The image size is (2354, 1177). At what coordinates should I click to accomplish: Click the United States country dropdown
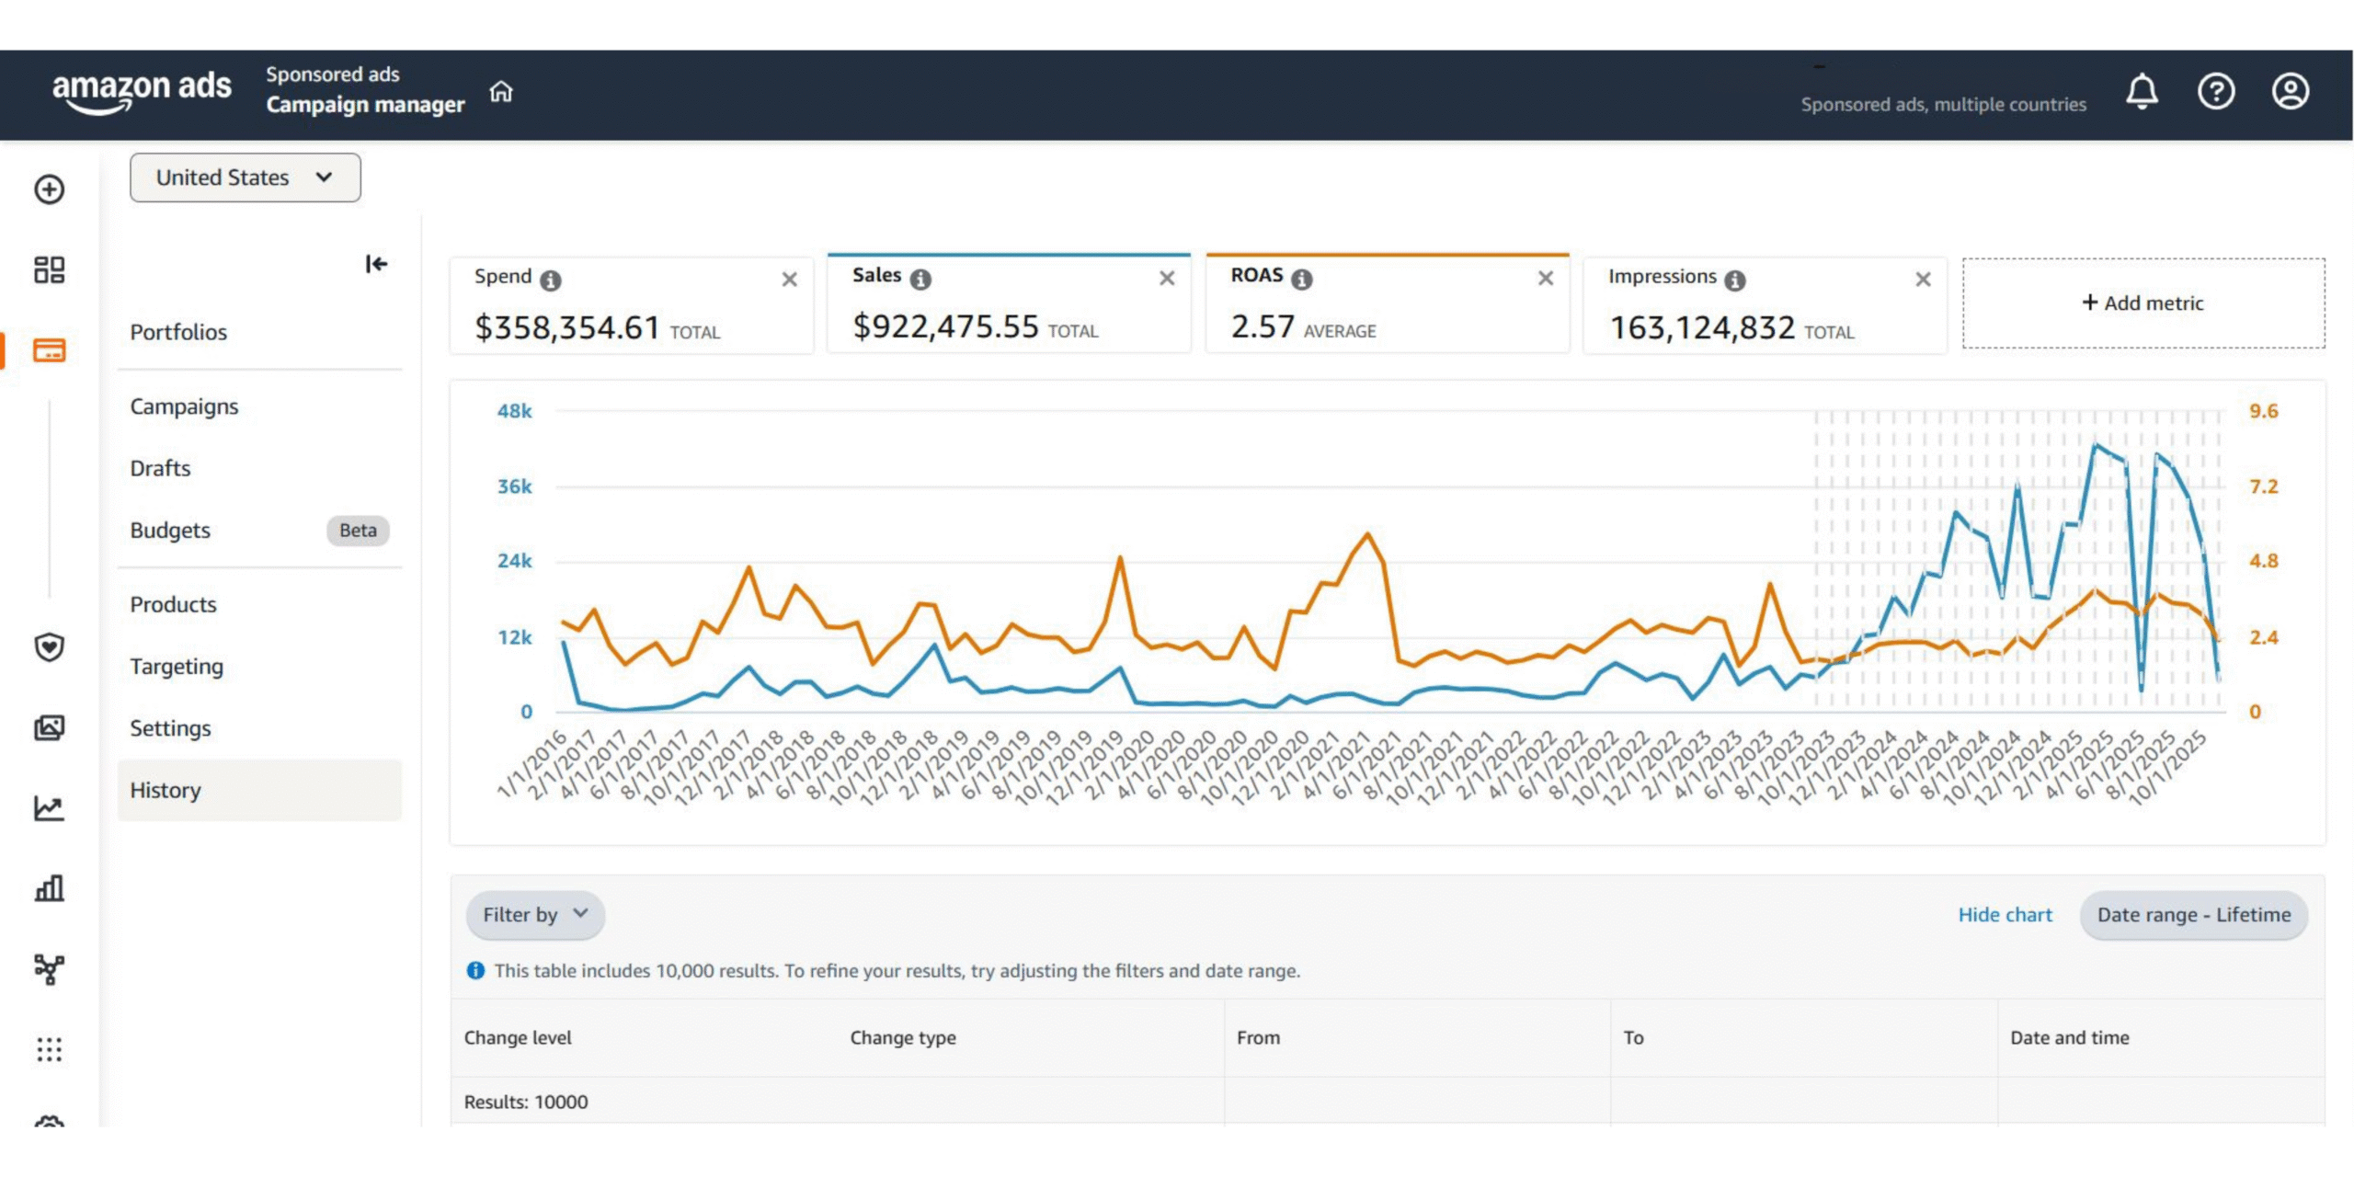[x=245, y=177]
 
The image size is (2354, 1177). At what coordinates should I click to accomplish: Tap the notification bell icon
[x=2142, y=91]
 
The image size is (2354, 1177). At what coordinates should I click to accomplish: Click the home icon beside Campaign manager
[x=501, y=91]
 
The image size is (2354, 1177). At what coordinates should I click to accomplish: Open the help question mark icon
[x=2216, y=91]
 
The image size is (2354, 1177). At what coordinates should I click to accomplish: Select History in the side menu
[x=166, y=790]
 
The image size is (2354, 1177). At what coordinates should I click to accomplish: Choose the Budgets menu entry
[x=170, y=531]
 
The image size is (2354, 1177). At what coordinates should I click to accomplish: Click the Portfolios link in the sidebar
[x=178, y=332]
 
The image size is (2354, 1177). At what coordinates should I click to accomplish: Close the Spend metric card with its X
[x=789, y=280]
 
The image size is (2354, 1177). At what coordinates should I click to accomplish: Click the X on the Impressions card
[x=1923, y=280]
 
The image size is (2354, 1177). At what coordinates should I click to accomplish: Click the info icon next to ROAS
[x=1301, y=280]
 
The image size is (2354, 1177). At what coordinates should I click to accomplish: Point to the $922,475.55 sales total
[x=945, y=326]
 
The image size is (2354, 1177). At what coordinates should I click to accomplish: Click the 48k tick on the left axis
[x=514, y=411]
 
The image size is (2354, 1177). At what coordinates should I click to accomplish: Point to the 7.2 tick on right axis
[x=2263, y=486]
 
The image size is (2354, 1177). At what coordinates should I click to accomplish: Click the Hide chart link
[x=2005, y=915]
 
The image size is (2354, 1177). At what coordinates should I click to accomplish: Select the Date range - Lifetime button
[x=2193, y=915]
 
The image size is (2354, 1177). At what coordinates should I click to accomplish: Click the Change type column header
[x=903, y=1037]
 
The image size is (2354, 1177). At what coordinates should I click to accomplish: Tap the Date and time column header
[x=2069, y=1037]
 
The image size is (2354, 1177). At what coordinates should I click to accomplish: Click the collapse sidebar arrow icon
[x=376, y=265]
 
